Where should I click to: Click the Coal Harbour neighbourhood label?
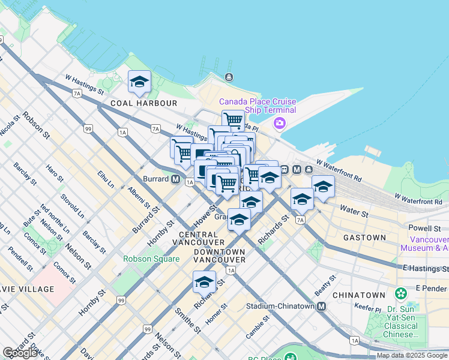point(143,103)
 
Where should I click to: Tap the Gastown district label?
point(364,238)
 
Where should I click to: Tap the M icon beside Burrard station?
point(176,179)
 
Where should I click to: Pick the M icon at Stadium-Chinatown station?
point(321,306)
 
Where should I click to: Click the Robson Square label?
point(151,259)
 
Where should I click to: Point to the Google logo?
point(20,353)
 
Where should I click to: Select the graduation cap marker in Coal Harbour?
point(139,83)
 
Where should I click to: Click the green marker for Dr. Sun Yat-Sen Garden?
point(400,294)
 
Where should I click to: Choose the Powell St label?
point(424,229)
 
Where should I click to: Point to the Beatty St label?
point(325,286)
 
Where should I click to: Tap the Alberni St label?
point(138,198)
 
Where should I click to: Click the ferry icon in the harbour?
point(229,77)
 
